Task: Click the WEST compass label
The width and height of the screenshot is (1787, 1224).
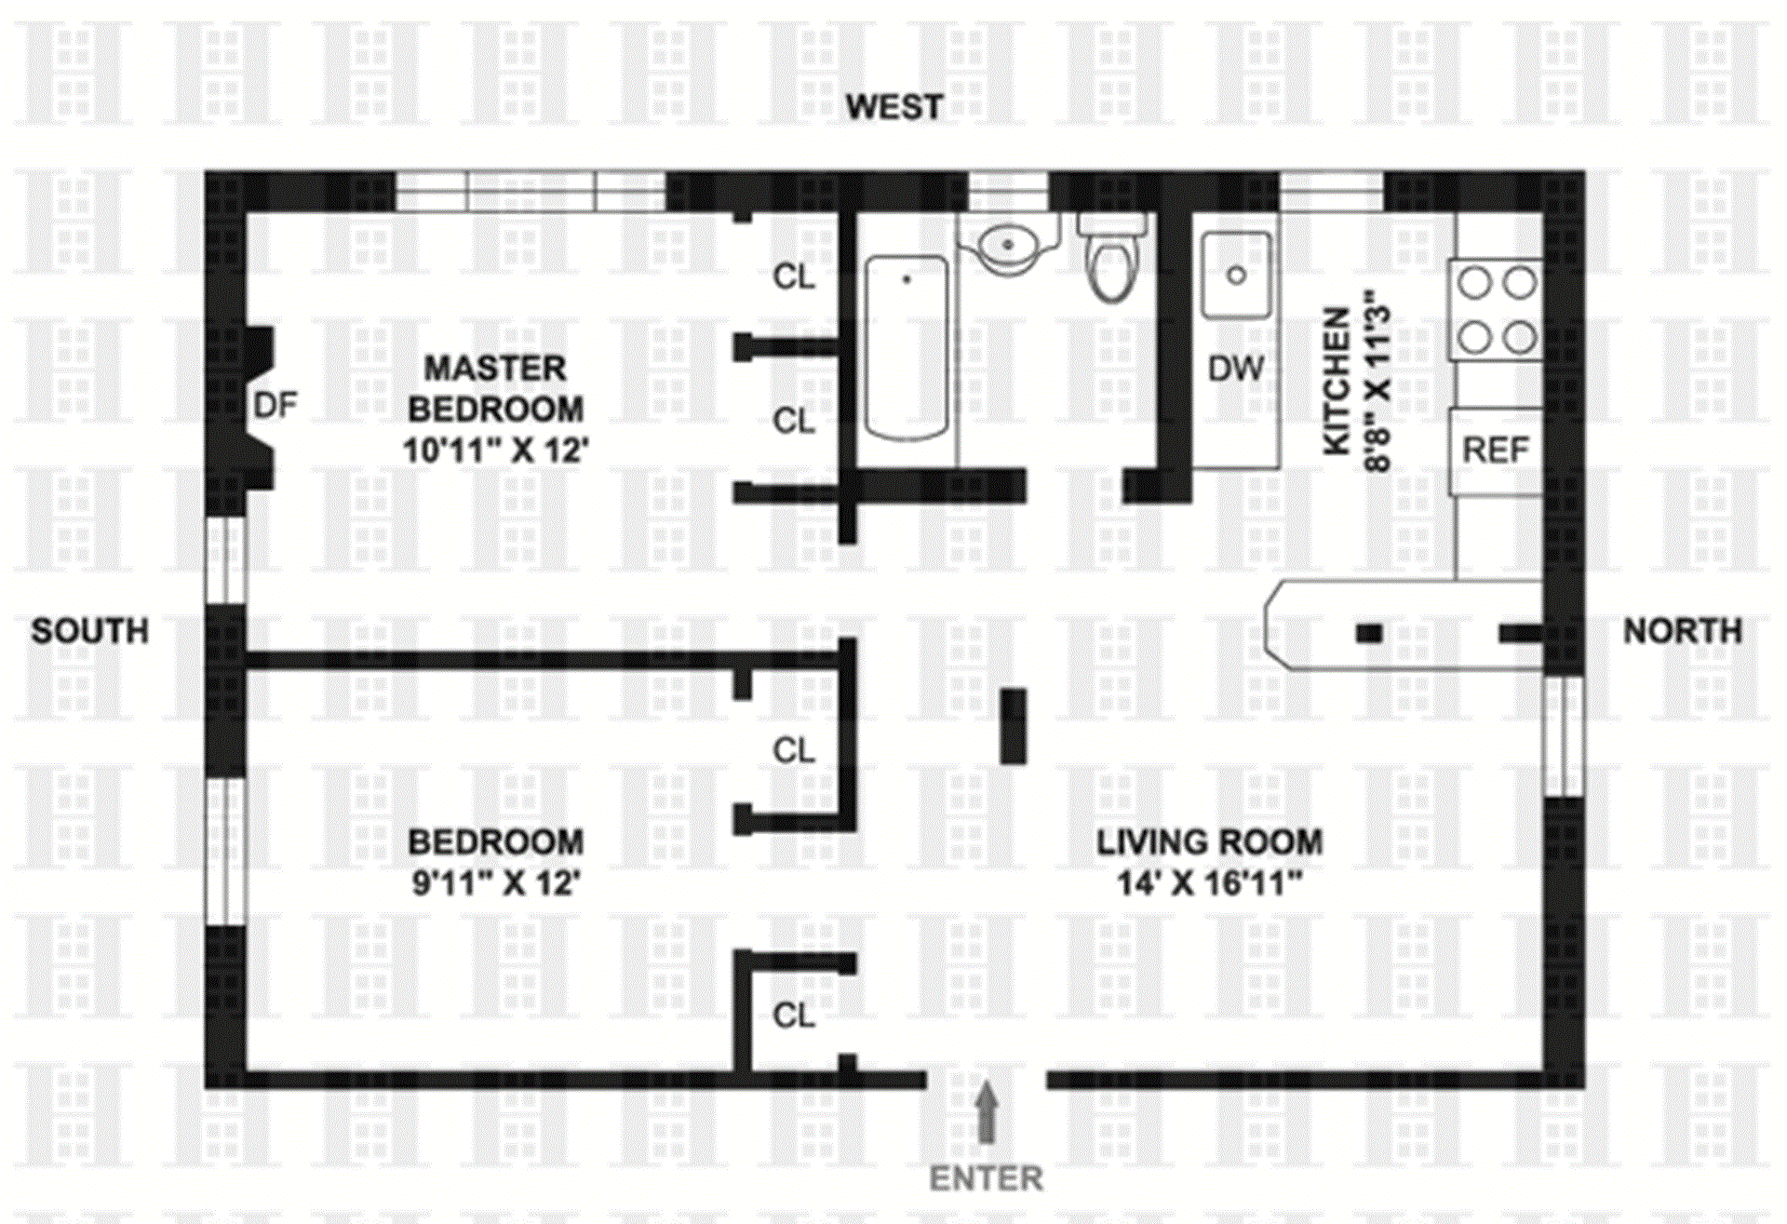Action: [893, 107]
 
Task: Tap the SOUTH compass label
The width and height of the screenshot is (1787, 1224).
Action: [89, 631]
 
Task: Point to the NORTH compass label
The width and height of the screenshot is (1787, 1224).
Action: [1682, 631]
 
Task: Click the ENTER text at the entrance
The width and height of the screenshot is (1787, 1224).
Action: [986, 1178]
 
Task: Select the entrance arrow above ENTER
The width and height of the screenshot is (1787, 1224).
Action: [987, 1112]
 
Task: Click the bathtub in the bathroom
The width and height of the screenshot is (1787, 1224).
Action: [907, 346]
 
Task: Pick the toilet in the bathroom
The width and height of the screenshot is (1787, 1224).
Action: [1111, 261]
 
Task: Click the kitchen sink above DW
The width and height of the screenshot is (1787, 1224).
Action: [1236, 276]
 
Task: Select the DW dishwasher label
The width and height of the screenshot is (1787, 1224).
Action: [1235, 369]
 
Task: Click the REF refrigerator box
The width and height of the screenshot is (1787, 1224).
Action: [1495, 451]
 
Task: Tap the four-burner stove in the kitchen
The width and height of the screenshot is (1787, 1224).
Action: [1496, 310]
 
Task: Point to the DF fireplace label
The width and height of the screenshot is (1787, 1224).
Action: [275, 405]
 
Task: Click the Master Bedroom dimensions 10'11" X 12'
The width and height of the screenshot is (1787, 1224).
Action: [495, 451]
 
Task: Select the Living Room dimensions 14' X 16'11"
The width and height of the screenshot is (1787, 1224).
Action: [1208, 882]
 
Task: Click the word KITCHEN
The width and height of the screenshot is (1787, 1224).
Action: [1337, 381]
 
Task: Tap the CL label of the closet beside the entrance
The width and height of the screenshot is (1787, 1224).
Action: [794, 1015]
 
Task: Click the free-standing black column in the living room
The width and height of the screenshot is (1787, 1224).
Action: [1013, 726]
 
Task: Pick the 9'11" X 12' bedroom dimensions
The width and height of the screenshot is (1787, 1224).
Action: [495, 882]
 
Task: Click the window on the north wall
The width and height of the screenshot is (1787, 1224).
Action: [1564, 735]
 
